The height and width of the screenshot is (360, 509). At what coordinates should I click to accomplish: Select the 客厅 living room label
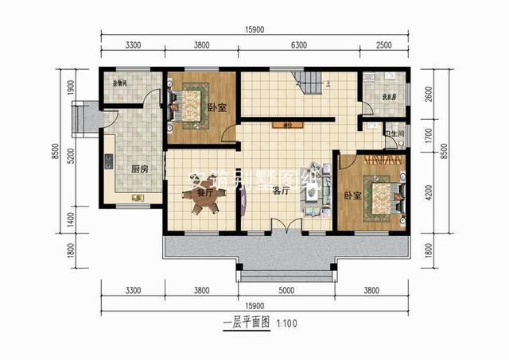pyautogui.click(x=279, y=191)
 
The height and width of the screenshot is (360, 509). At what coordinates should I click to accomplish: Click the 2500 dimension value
pyautogui.click(x=383, y=45)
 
